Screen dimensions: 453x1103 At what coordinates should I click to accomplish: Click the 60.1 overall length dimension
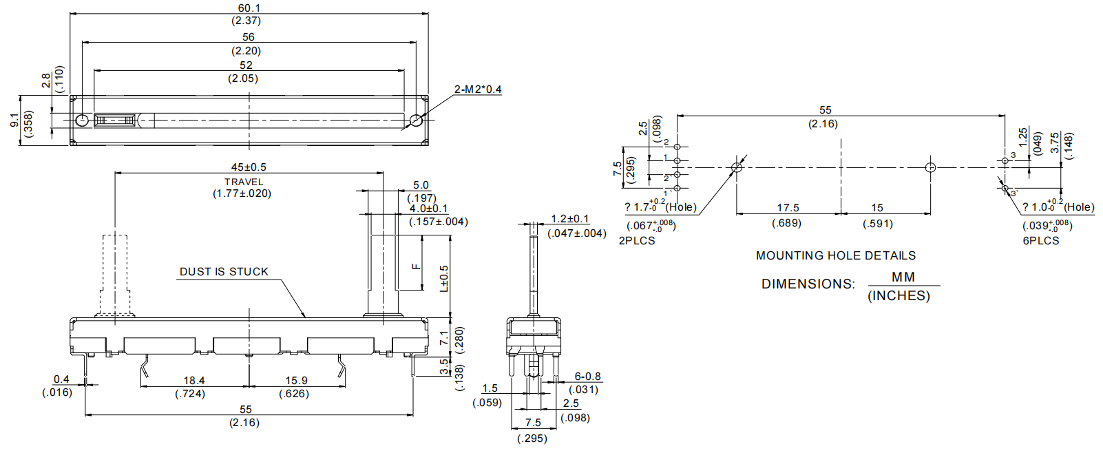click(249, 8)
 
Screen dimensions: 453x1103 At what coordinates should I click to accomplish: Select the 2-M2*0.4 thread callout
click(478, 89)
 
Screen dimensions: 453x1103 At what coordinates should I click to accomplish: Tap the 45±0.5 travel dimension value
click(248, 167)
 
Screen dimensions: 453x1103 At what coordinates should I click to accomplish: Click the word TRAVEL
click(244, 182)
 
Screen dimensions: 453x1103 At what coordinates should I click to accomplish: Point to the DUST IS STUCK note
click(224, 272)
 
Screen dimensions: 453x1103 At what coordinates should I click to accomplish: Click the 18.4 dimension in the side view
click(193, 381)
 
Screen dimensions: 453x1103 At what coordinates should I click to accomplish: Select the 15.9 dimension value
click(296, 381)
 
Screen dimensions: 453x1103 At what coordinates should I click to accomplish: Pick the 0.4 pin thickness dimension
click(61, 379)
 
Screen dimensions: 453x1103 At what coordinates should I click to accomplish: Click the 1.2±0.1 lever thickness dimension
click(569, 219)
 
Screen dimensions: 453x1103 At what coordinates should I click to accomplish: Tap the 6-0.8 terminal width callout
click(587, 377)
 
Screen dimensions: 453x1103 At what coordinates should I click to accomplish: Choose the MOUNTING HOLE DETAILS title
click(836, 255)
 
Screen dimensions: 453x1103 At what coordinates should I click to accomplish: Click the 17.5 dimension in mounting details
click(788, 208)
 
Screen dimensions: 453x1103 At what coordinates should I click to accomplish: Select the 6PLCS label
click(1040, 241)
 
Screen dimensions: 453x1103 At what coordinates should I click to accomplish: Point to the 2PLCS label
click(637, 241)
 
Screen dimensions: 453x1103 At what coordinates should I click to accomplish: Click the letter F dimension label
click(416, 266)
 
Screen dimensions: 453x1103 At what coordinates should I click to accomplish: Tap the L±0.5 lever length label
click(444, 278)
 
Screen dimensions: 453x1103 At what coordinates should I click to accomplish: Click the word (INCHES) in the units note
click(899, 296)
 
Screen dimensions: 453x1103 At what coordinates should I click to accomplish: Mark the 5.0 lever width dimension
click(421, 185)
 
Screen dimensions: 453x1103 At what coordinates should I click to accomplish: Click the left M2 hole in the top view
click(82, 120)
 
